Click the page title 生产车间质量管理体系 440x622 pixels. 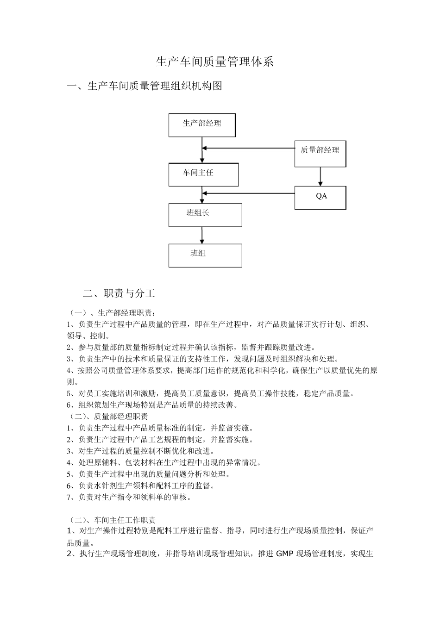[x=215, y=62]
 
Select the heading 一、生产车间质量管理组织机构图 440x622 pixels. [x=145, y=86]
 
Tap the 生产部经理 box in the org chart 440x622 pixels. [x=202, y=125]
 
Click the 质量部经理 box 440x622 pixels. [x=320, y=153]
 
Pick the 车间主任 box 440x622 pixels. [x=203, y=174]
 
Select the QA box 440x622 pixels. [x=321, y=198]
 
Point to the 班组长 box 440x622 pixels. [x=205, y=215]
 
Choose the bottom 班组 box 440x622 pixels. [x=205, y=255]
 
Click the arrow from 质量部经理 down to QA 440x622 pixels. [x=321, y=177]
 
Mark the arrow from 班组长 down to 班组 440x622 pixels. [x=202, y=235]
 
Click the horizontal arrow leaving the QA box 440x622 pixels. [x=249, y=193]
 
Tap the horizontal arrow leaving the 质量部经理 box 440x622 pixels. [x=249, y=148]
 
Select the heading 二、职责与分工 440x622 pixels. [x=119, y=293]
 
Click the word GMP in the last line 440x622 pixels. [x=284, y=554]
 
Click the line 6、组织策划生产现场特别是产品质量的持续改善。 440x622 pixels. [x=152, y=405]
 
